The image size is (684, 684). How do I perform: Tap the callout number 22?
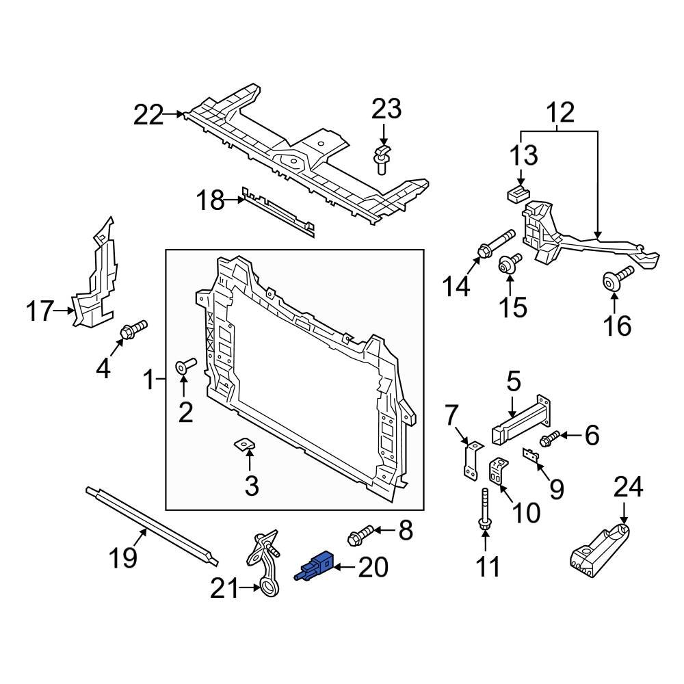pos(148,115)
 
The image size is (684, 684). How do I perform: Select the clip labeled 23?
pos(382,159)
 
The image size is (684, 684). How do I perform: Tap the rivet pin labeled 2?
pos(185,365)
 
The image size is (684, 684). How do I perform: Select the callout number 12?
pos(560,112)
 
